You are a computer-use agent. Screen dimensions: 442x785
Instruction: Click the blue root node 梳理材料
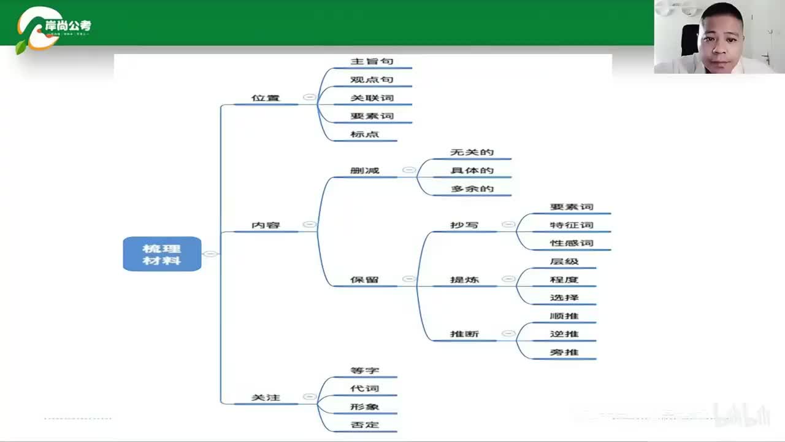162,254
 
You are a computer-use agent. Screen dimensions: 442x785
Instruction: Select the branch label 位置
266,98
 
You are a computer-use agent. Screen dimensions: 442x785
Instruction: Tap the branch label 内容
266,225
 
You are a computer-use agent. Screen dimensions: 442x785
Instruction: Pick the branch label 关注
266,398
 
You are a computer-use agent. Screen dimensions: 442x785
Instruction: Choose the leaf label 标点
364,134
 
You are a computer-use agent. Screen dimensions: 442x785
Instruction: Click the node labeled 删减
364,171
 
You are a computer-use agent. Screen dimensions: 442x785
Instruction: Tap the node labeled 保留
364,280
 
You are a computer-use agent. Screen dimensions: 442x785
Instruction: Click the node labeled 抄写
464,225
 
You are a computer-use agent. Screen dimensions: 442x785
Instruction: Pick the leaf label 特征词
572,225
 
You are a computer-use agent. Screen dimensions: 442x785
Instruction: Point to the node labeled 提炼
464,280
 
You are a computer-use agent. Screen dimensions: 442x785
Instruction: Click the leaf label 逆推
564,335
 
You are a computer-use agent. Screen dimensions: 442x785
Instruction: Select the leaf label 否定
364,425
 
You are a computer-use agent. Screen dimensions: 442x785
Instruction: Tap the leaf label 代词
364,389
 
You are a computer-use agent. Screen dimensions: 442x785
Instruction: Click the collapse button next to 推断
508,334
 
